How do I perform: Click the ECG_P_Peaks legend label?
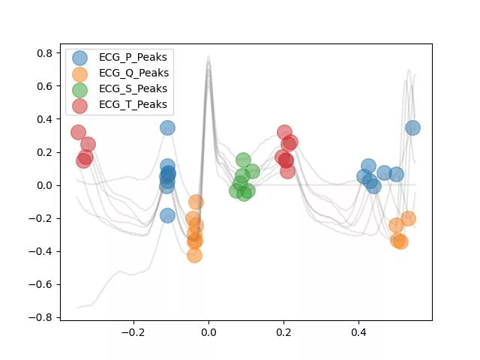pyautogui.click(x=133, y=57)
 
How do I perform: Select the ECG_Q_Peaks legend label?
pyautogui.click(x=133, y=73)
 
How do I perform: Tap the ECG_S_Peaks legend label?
pyautogui.click(x=133, y=88)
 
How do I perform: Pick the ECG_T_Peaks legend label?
pyautogui.click(x=133, y=104)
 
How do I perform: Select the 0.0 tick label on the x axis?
pyautogui.click(x=208, y=332)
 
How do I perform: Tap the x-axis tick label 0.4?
pyautogui.click(x=358, y=332)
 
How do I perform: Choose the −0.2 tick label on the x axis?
pyautogui.click(x=133, y=332)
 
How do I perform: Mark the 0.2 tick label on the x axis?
pyautogui.click(x=283, y=332)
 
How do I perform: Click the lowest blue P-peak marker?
pyautogui.click(x=167, y=215)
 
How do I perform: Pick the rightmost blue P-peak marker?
pyautogui.click(x=412, y=127)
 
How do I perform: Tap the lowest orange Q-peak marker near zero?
pyautogui.click(x=194, y=255)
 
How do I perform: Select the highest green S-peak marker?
pyautogui.click(x=243, y=160)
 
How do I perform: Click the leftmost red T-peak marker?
pyautogui.click(x=78, y=133)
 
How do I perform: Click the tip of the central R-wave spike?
pyautogui.click(x=208, y=55)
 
